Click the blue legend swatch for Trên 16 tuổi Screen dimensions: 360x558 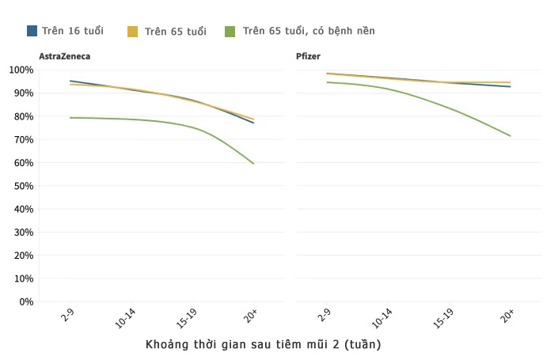click(x=32, y=31)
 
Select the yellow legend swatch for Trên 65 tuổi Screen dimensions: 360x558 click(x=132, y=32)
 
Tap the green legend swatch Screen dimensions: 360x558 click(x=230, y=31)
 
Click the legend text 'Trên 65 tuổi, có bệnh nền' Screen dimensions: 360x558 click(x=309, y=31)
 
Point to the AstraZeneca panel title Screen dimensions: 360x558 click(x=65, y=57)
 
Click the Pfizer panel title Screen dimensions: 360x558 click(x=308, y=57)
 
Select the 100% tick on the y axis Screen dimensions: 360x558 click(x=21, y=70)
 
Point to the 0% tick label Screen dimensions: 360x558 click(x=25, y=301)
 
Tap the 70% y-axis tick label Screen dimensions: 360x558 click(x=23, y=139)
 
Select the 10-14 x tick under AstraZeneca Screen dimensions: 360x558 click(x=126, y=318)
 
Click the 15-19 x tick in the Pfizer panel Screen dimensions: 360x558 click(x=444, y=318)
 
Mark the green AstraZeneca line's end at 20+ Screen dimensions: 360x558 click(x=253, y=163)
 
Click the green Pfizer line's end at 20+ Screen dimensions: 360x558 click(x=511, y=135)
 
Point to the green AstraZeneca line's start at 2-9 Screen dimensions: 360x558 click(x=70, y=118)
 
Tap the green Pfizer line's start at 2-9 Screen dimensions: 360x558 click(x=327, y=82)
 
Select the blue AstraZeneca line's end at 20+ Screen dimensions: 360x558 click(x=253, y=123)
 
